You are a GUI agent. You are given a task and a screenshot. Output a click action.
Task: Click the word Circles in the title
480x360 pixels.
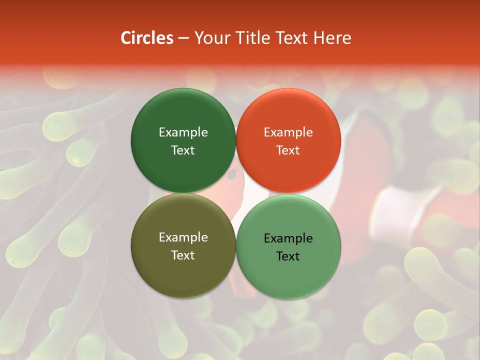tap(146, 38)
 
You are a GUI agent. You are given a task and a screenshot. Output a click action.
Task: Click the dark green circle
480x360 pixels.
tap(183, 140)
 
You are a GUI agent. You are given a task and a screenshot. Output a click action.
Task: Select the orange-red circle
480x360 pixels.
tap(288, 140)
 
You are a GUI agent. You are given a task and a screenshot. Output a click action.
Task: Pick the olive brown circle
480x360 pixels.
tap(183, 245)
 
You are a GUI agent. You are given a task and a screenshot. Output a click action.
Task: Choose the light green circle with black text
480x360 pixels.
tap(288, 246)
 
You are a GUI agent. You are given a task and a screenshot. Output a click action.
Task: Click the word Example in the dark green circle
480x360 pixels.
tap(183, 132)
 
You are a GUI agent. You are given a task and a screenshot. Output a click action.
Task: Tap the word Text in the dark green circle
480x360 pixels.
tap(183, 150)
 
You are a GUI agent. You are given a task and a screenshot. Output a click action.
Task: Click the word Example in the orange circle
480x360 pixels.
tap(288, 132)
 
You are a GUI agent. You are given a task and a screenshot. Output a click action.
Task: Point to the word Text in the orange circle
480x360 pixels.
tap(288, 150)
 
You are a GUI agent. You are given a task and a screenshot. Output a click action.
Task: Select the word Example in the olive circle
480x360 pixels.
tap(183, 237)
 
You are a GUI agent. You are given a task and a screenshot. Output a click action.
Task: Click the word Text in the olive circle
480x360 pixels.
tap(183, 255)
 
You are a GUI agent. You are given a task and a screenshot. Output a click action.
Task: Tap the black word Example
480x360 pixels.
tap(288, 238)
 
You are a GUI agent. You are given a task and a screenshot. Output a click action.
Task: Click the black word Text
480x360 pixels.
tap(288, 256)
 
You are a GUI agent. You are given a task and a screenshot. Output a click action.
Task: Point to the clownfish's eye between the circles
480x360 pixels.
tap(232, 174)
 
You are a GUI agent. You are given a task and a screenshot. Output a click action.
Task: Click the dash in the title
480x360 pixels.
tap(183, 38)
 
